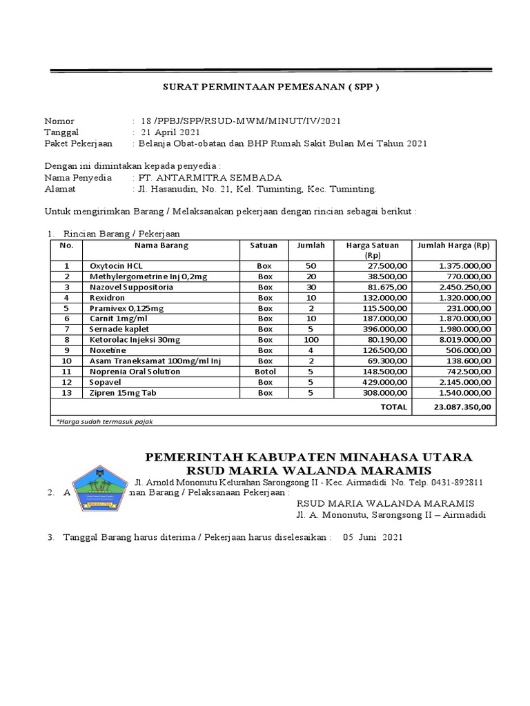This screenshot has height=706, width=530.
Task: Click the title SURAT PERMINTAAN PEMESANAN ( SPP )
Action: pos(271,88)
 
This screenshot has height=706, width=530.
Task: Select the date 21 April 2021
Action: pos(170,132)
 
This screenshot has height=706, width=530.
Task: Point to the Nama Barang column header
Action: pos(161,245)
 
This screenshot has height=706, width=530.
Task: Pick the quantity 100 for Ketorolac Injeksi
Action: pos(310,340)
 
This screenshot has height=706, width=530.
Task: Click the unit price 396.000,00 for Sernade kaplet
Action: pos(380,329)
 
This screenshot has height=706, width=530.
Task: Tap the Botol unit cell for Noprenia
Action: pos(265,372)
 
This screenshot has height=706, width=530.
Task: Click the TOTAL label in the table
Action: pos(394,407)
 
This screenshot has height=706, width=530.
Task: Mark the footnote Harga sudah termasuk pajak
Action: pos(104,421)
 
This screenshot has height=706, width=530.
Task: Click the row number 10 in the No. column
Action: pos(66,361)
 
